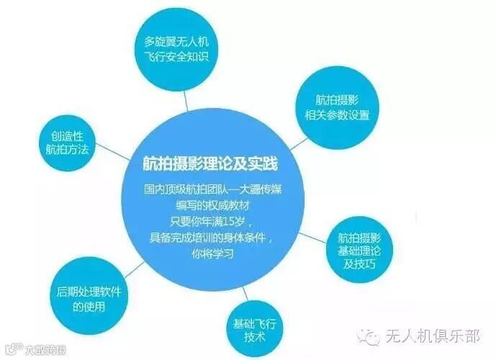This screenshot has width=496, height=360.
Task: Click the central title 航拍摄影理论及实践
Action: pyautogui.click(x=211, y=164)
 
